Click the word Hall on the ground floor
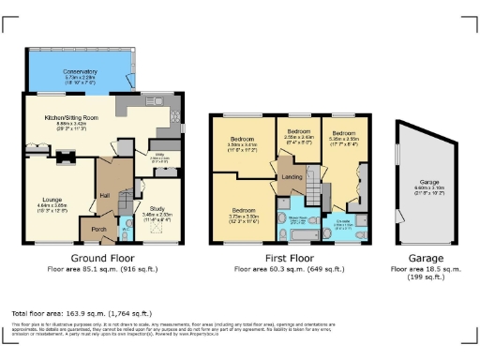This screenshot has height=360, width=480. (105, 196)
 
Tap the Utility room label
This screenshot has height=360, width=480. (160, 157)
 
